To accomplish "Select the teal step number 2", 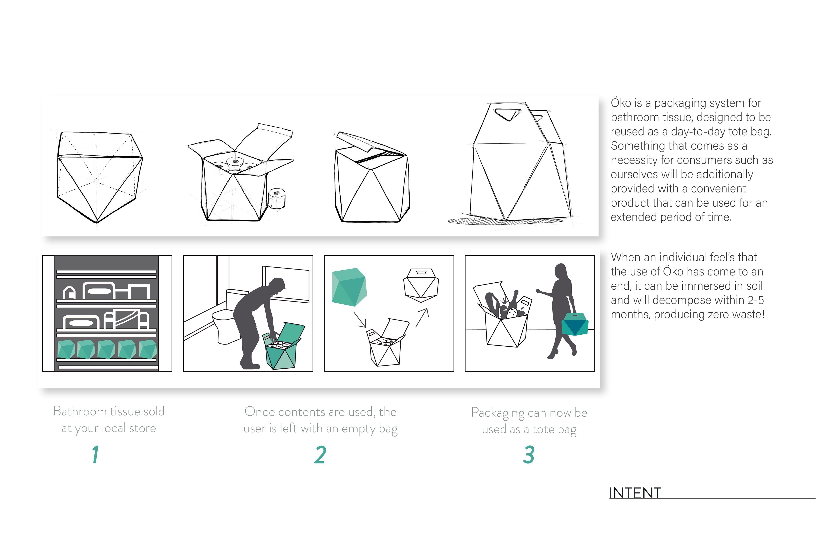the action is (320, 455).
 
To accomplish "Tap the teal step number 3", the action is (529, 455).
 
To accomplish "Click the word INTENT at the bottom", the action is (635, 493).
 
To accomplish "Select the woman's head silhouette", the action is (561, 272).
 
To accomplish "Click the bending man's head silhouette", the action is (278, 286).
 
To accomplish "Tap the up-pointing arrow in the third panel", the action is (422, 317).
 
